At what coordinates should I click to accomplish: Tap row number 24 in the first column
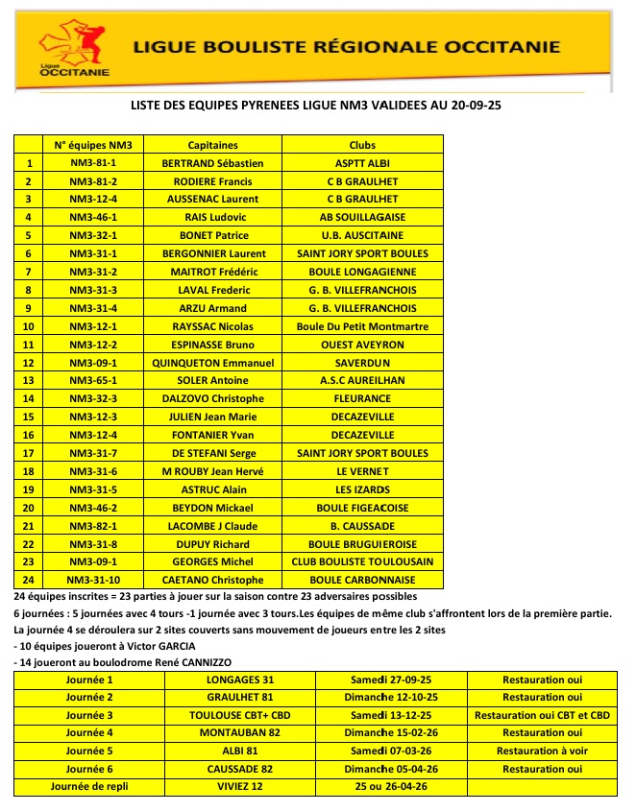coord(29,580)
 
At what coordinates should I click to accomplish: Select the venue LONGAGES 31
coord(239,680)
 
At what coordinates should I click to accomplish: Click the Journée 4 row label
coord(89,733)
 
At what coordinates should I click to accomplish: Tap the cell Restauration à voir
coord(543,751)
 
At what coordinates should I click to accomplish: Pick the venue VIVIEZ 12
coord(239,787)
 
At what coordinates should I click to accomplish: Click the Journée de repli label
coord(89,787)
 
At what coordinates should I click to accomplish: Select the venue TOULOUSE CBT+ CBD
coord(239,715)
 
